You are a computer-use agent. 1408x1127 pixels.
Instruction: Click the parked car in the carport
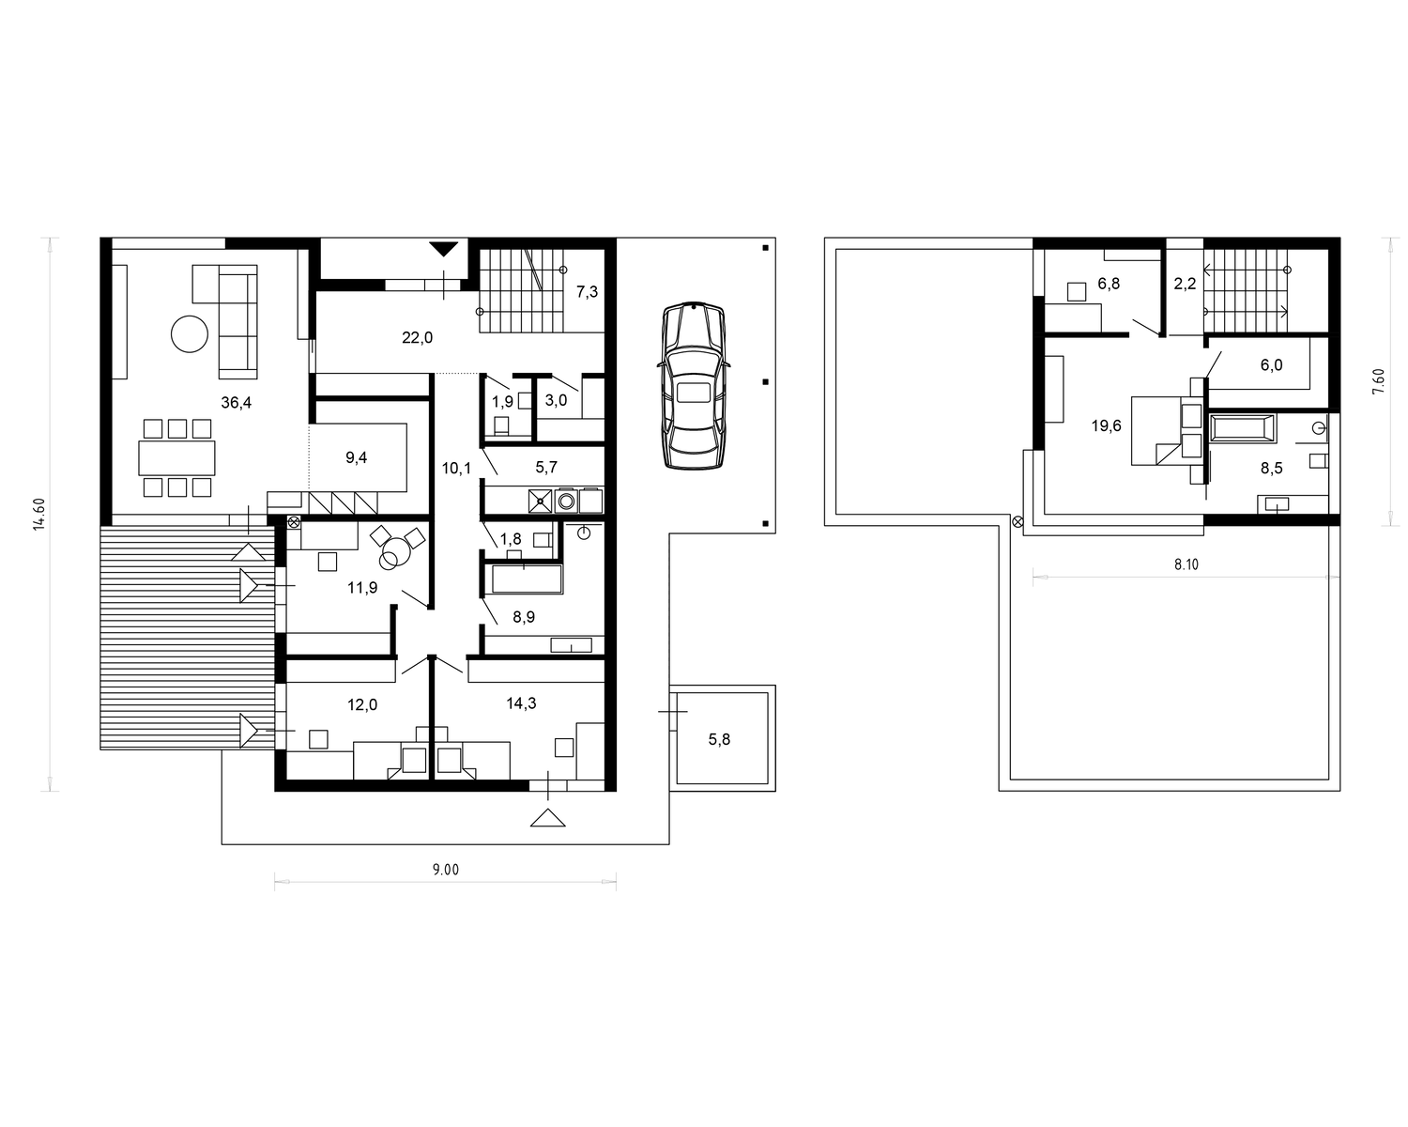(x=694, y=385)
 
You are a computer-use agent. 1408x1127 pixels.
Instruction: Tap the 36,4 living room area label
(x=237, y=403)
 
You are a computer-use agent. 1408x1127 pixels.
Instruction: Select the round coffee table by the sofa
(x=189, y=334)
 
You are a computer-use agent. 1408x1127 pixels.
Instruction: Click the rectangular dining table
(x=176, y=457)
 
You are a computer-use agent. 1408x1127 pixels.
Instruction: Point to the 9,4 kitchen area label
(x=356, y=457)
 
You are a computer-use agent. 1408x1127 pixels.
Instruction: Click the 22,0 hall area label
(x=417, y=338)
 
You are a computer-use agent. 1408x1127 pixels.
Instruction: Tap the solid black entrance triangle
(x=444, y=249)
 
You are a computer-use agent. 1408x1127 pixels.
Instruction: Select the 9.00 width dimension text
(x=446, y=870)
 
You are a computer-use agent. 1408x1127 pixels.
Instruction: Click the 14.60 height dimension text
(x=39, y=514)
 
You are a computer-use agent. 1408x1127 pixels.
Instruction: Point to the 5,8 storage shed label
(x=719, y=739)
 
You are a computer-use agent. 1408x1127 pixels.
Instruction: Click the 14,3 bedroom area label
(x=521, y=703)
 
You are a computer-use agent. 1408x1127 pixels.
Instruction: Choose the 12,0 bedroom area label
(x=361, y=704)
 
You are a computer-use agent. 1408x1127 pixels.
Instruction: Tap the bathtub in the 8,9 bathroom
(x=528, y=579)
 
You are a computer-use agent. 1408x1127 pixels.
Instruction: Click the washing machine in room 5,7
(x=567, y=501)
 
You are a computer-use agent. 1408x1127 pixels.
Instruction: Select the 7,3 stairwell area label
(x=587, y=292)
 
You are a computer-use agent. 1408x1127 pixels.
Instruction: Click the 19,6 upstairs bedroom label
(x=1106, y=426)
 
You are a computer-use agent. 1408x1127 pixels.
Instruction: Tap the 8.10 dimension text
(x=1186, y=564)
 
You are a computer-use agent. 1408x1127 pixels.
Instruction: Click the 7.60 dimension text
(x=1379, y=381)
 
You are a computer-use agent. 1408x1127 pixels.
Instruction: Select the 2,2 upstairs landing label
(x=1185, y=284)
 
